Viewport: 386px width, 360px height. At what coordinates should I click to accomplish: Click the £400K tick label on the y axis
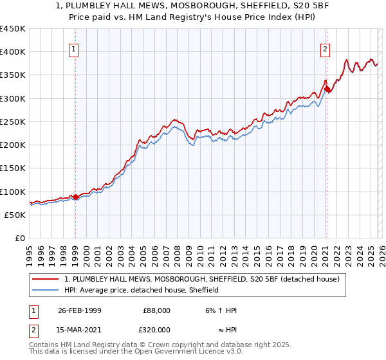(13, 52)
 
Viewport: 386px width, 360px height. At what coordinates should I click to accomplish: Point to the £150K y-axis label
(13, 168)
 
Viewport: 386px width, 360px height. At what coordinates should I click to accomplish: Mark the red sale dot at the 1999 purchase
(75, 197)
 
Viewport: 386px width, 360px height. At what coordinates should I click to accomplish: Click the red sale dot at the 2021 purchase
(327, 89)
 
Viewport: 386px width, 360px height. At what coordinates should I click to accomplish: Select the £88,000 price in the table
(156, 310)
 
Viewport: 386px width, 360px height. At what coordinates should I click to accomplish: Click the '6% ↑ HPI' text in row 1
(220, 310)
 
